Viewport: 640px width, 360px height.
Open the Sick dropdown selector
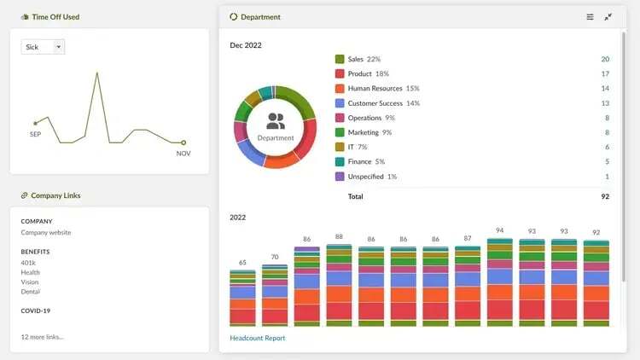click(x=43, y=47)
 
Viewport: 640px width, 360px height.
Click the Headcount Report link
click(x=257, y=338)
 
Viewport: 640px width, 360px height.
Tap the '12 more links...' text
click(x=42, y=336)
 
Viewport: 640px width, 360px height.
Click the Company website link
click(x=46, y=232)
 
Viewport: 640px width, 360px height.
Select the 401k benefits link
click(x=28, y=263)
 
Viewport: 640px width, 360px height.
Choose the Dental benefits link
click(x=31, y=291)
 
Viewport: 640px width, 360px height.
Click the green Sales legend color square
click(x=340, y=60)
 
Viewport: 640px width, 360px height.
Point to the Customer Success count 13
click(x=605, y=103)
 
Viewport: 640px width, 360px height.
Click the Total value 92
click(x=605, y=196)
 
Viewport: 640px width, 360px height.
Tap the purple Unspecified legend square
click(x=340, y=177)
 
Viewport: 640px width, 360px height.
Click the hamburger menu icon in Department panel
click(x=590, y=17)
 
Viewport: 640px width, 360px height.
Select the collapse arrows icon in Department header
click(x=608, y=17)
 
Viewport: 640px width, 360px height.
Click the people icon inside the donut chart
click(x=276, y=121)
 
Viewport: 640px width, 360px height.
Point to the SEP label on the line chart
click(x=35, y=135)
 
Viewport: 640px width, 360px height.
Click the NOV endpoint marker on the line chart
click(x=183, y=142)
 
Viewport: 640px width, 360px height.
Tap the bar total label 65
click(x=242, y=263)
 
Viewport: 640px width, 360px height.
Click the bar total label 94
click(x=499, y=231)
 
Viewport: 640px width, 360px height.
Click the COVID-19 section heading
click(x=37, y=311)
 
